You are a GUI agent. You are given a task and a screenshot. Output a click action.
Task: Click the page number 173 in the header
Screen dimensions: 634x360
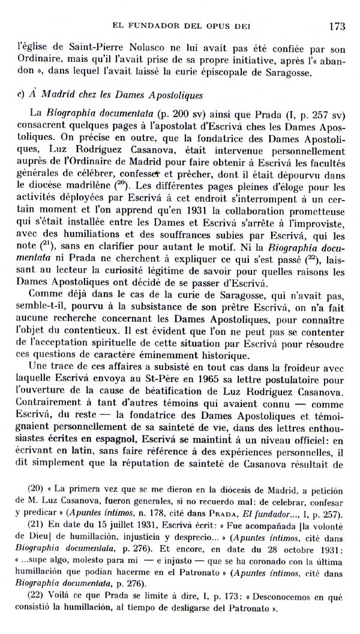coord(335,25)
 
